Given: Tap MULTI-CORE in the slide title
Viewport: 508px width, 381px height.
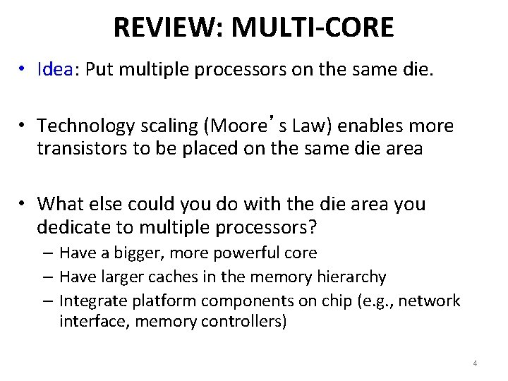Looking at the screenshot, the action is click(x=313, y=28).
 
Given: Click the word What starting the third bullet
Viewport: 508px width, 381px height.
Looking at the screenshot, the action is click(x=61, y=205).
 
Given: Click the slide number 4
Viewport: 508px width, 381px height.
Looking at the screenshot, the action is click(x=475, y=363).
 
